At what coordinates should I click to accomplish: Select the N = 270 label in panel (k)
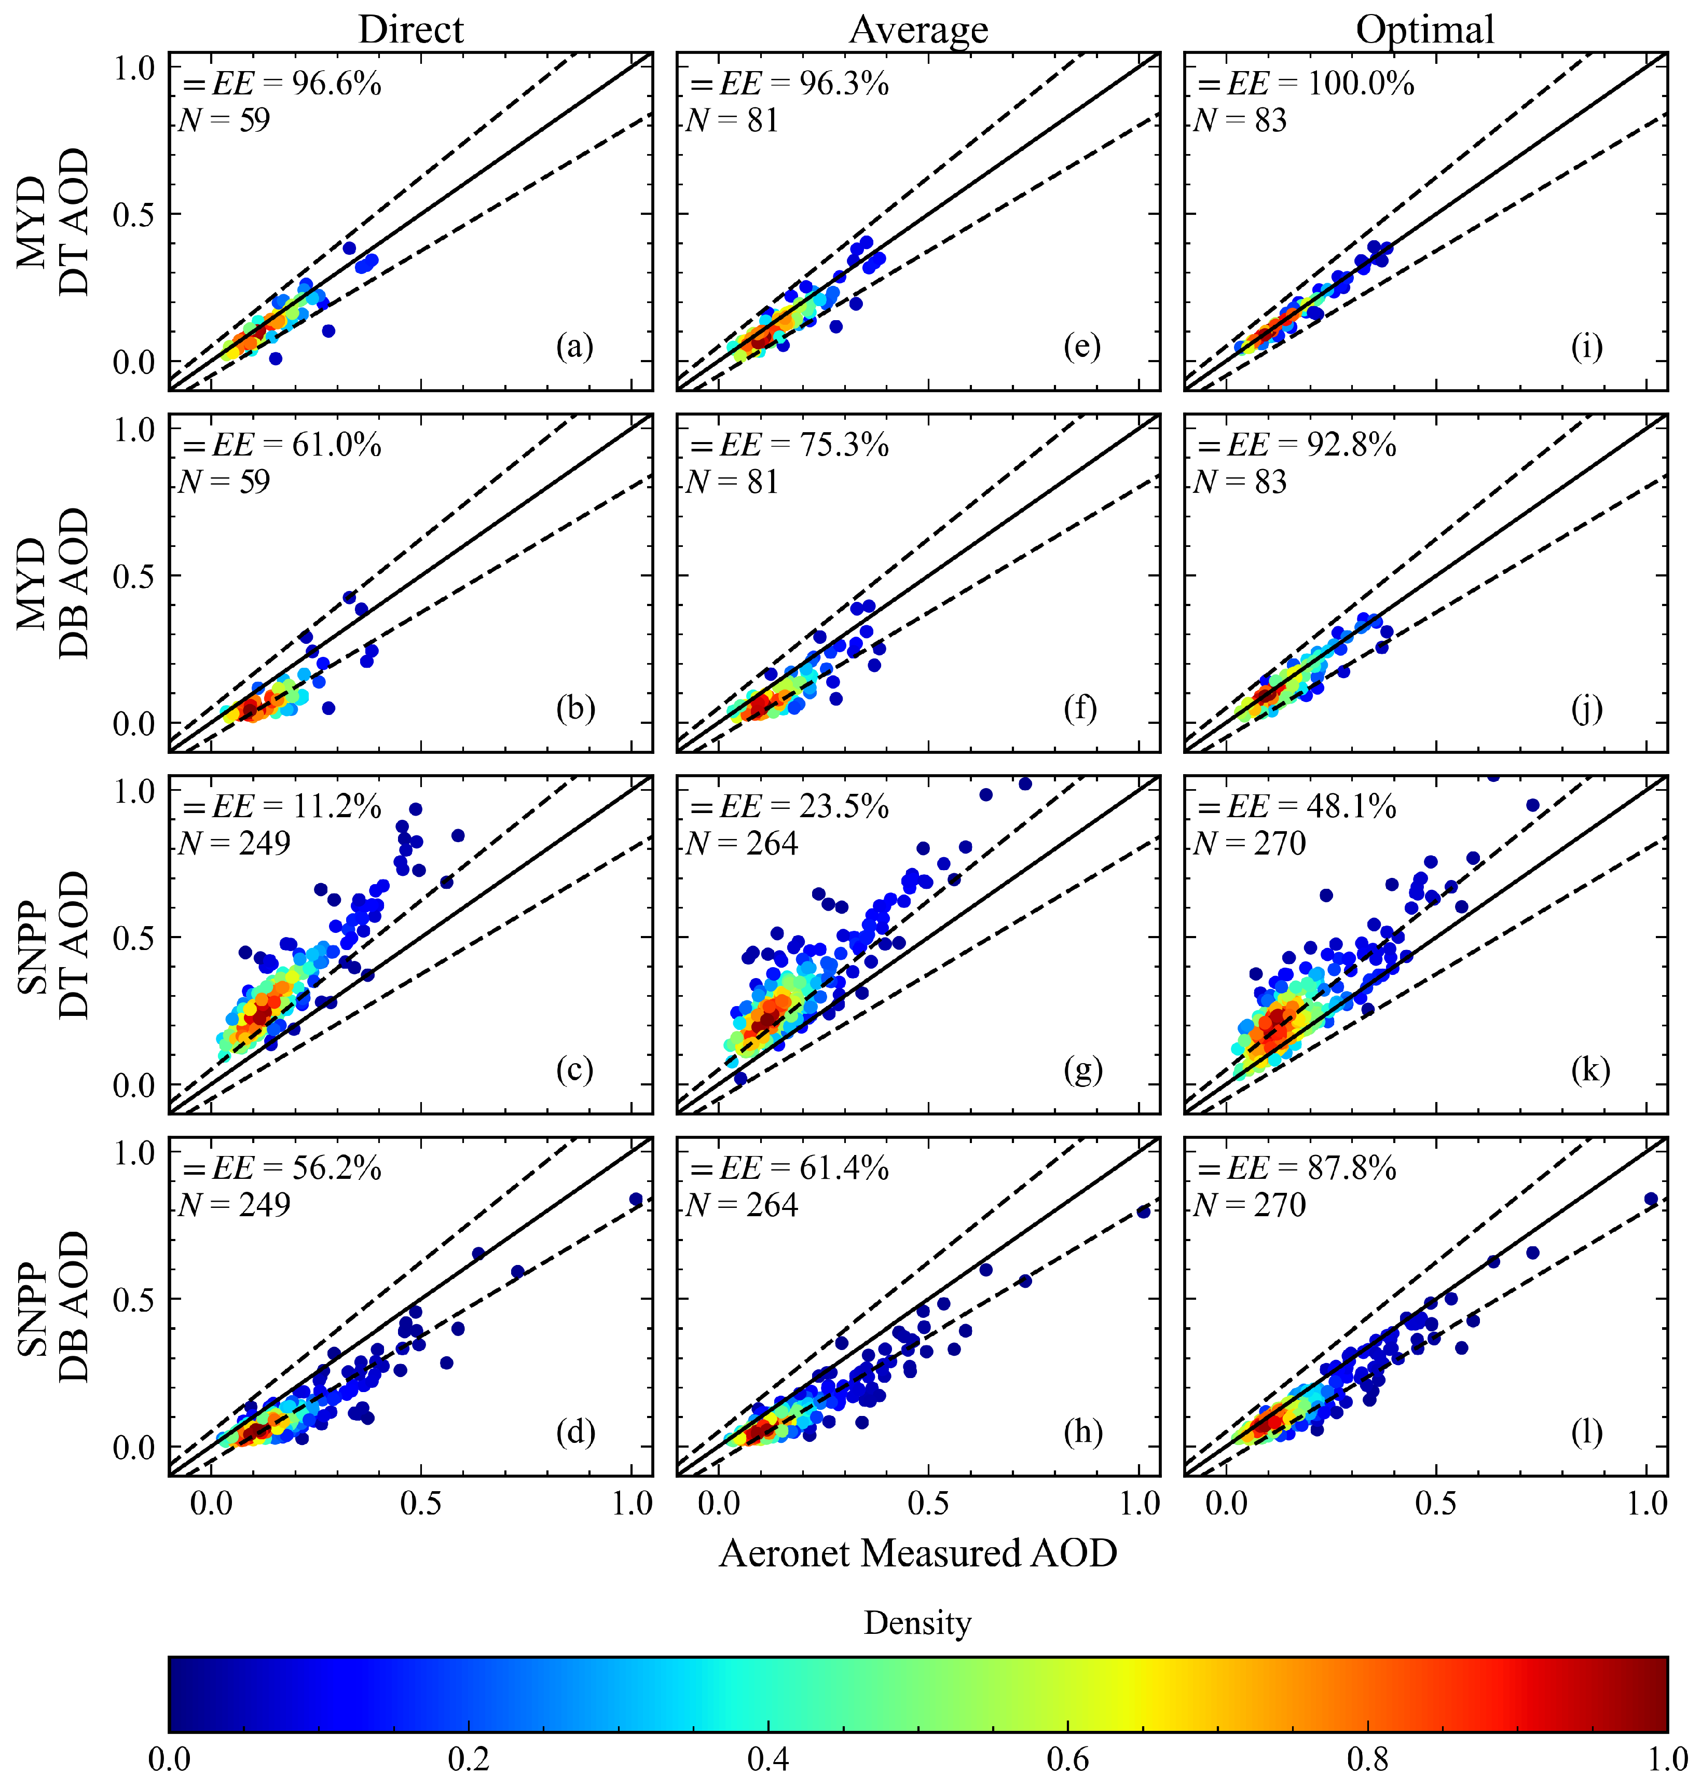pyautogui.click(x=1251, y=843)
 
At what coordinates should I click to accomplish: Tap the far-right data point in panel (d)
pyautogui.click(x=636, y=1200)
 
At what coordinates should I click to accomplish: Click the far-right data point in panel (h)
pyautogui.click(x=1143, y=1212)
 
